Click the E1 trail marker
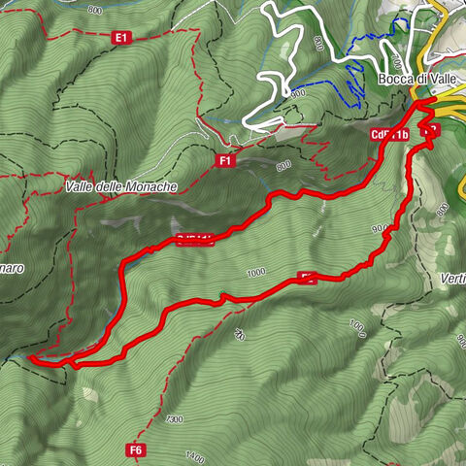(121, 38)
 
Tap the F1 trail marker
(225, 161)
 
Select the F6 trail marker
(136, 449)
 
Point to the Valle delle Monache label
(122, 186)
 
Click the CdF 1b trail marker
(388, 135)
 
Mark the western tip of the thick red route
(31, 358)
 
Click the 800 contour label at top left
(93, 10)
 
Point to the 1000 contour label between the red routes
(256, 273)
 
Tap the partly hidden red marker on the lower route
(307, 279)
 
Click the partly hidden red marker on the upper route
(194, 241)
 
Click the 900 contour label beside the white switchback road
(297, 93)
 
